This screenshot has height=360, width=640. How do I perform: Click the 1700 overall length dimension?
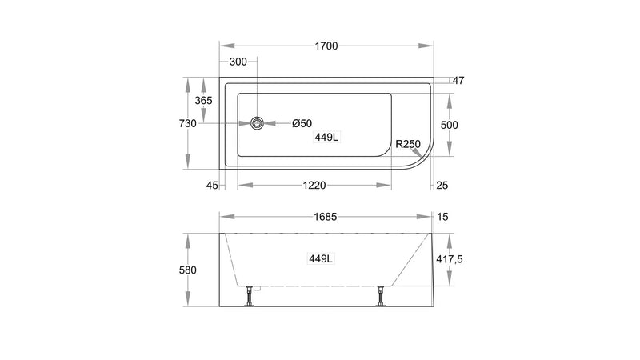click(326, 46)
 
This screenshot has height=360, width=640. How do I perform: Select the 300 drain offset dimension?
click(238, 62)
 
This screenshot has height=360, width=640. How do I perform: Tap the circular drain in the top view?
click(257, 123)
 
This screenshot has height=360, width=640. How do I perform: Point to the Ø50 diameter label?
click(302, 123)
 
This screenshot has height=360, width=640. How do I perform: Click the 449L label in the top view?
click(326, 137)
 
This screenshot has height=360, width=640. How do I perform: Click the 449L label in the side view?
click(321, 258)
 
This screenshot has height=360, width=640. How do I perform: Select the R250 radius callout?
click(408, 144)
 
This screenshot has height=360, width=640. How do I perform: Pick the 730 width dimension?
click(188, 123)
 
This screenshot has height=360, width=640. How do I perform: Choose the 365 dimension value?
click(203, 101)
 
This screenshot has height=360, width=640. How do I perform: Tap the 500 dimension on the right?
click(450, 125)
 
